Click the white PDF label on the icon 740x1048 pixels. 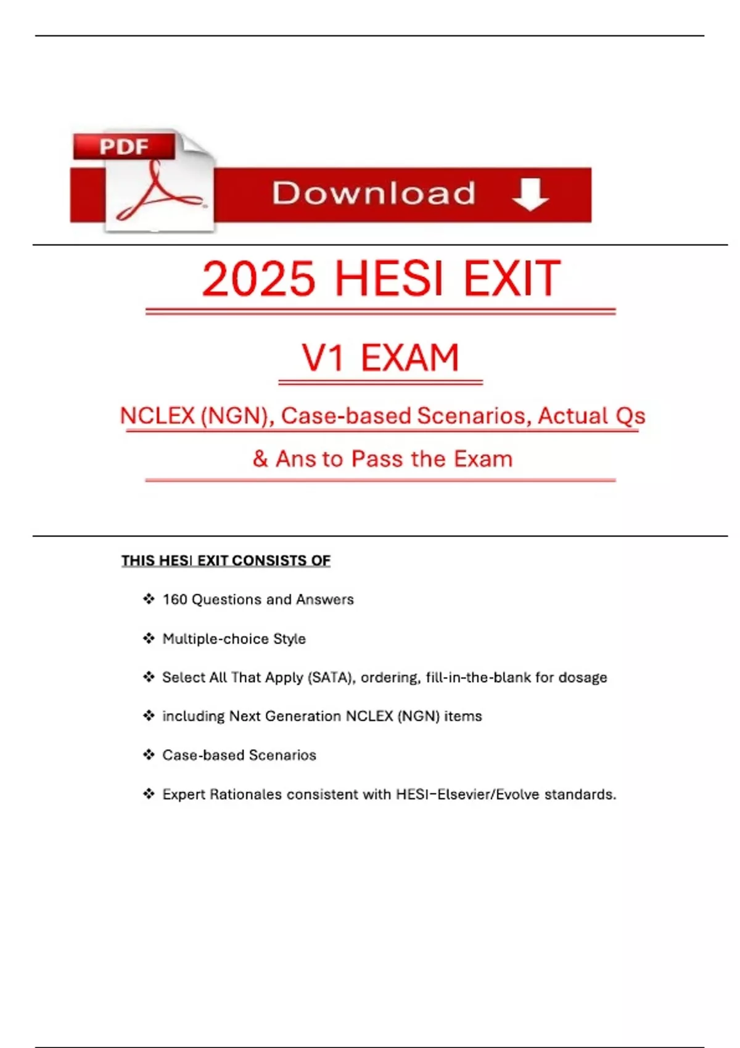click(124, 147)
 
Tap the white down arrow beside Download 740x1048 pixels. click(530, 194)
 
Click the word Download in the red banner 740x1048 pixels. click(374, 194)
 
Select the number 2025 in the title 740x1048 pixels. click(258, 279)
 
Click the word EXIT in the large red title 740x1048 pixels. click(511, 279)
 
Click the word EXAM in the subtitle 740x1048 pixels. click(409, 358)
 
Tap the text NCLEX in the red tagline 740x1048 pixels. click(157, 416)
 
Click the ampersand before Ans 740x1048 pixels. click(260, 459)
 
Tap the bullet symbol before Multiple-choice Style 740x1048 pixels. click(149, 638)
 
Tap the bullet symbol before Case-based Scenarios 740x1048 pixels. click(149, 755)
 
